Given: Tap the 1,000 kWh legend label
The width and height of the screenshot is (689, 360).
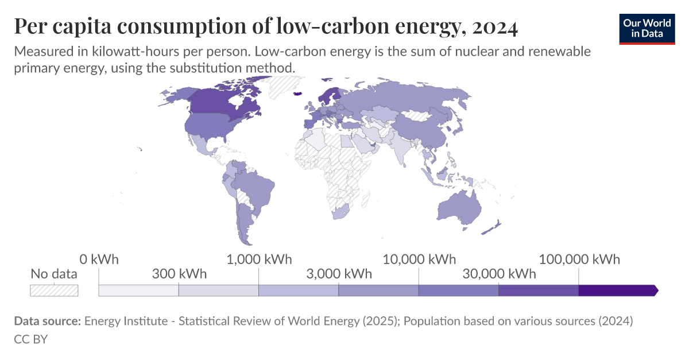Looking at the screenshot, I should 259,259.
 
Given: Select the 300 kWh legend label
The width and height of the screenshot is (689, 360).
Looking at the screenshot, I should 179,273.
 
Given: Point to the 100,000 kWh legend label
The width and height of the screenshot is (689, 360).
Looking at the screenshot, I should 579,259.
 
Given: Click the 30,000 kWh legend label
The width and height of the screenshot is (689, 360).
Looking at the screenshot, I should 499,273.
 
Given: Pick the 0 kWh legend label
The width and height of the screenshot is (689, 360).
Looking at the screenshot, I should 99,259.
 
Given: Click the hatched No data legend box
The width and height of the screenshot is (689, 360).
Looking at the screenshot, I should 54,291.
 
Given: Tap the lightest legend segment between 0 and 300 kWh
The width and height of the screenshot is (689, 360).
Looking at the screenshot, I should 138,291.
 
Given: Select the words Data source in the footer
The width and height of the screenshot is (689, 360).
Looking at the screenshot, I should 47,321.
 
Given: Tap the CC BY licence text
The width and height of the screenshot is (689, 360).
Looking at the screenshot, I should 30,339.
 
